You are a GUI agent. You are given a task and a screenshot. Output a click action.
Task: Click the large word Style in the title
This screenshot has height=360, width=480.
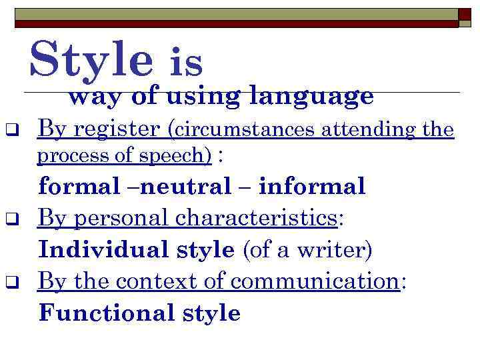pyautogui.click(x=91, y=59)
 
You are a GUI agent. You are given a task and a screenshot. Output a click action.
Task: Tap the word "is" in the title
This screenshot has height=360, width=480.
pyautogui.click(x=187, y=63)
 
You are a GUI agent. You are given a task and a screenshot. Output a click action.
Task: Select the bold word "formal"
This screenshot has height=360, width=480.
pyautogui.click(x=75, y=186)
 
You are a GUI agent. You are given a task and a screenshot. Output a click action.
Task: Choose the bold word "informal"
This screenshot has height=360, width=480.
pyautogui.click(x=312, y=186)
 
